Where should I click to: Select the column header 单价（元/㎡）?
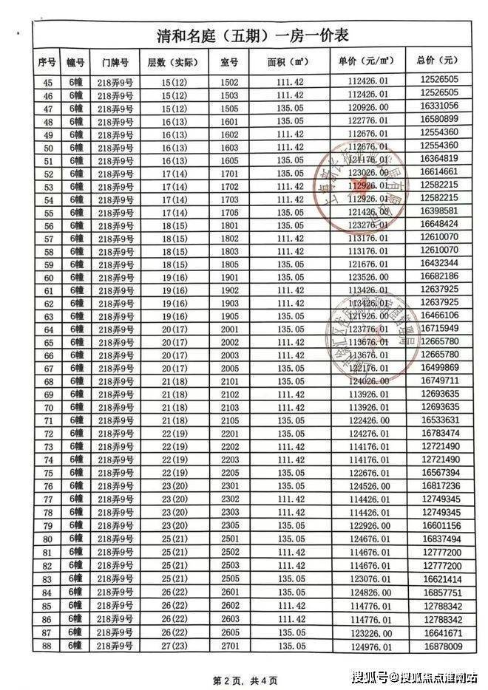(364, 62)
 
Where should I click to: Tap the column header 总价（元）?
(439, 62)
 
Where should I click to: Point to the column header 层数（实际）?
(175, 62)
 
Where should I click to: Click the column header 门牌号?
(115, 62)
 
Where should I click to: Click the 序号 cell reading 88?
(49, 647)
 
